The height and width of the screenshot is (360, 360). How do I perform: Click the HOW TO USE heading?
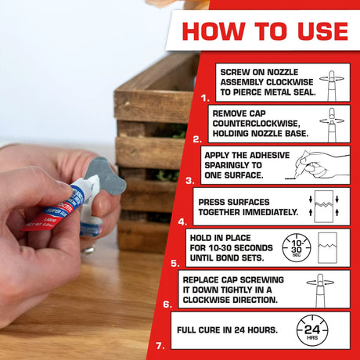point(265,31)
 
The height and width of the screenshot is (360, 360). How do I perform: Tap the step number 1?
point(205,99)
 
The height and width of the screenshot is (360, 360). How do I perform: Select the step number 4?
point(182,221)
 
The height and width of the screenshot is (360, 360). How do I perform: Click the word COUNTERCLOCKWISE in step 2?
point(256,123)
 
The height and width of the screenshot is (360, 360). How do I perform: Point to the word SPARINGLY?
point(233,166)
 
